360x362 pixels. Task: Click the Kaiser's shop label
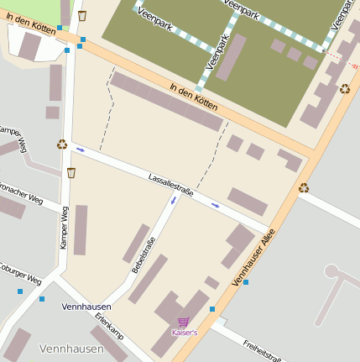pyautogui.click(x=184, y=333)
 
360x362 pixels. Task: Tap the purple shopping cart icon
pyautogui.click(x=183, y=322)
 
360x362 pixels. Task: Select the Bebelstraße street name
pyautogui.click(x=143, y=255)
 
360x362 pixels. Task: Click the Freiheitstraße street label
pyautogui.click(x=261, y=347)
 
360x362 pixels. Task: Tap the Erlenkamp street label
pyautogui.click(x=109, y=326)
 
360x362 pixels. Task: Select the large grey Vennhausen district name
pyautogui.click(x=71, y=348)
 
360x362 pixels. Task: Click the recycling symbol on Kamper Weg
pyautogui.click(x=61, y=144)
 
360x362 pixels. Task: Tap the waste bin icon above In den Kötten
pyautogui.click(x=81, y=15)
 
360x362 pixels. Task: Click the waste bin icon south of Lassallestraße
pyautogui.click(x=70, y=172)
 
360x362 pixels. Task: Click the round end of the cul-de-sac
pyautogui.click(x=331, y=271)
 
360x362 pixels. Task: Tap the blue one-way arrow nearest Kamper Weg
pyautogui.click(x=81, y=150)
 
